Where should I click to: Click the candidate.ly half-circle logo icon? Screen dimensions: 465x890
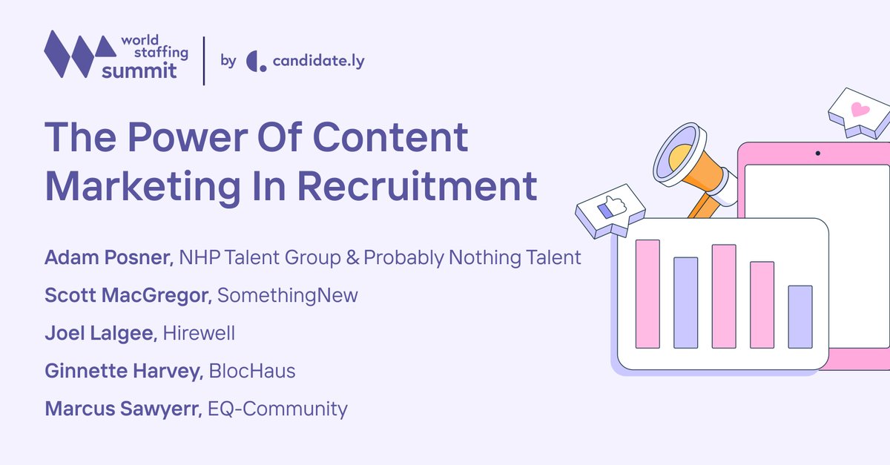pos(256,61)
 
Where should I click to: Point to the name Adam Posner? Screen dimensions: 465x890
pos(108,258)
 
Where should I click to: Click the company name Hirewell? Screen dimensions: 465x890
pos(199,333)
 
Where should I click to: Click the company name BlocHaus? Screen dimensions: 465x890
pos(252,371)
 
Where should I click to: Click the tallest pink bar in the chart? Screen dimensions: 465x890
pos(647,294)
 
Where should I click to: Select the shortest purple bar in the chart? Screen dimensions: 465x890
pos(800,317)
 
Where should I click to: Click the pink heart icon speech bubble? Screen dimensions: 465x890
pos(859,111)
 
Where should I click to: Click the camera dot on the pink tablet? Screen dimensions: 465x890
pos(817,154)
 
